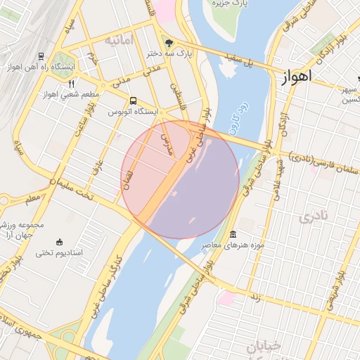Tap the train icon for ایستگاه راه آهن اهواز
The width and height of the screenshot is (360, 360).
coord(41,56)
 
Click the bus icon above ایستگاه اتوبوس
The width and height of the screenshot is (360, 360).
coord(134,101)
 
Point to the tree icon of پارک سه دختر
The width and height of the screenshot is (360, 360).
coord(167,41)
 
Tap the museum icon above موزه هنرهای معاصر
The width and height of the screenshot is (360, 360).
coord(233,234)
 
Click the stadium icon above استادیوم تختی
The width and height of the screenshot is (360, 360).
coord(58,241)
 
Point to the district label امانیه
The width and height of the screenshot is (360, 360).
coord(119,41)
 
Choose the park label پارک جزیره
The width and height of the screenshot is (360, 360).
coord(230,4)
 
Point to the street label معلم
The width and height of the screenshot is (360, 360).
coord(32,200)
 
